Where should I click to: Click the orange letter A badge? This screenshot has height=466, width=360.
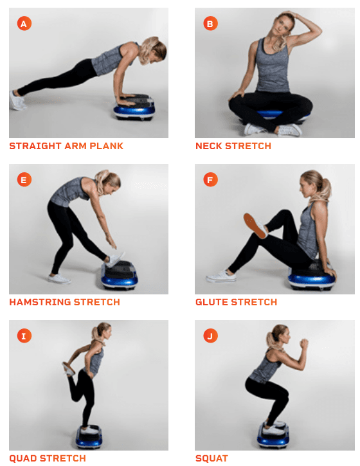24,24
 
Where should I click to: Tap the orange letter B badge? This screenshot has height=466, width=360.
210,24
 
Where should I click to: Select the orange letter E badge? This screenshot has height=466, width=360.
24,180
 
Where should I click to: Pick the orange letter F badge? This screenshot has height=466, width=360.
210,180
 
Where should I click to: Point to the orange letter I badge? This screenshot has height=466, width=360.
24,336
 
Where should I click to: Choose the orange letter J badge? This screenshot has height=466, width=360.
210,336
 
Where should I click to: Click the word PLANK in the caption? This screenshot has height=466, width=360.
107,146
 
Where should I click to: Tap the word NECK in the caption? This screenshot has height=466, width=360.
209,146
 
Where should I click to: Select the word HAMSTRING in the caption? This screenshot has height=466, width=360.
40,302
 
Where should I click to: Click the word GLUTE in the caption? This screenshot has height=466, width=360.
212,302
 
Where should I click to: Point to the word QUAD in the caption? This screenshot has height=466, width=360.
22,458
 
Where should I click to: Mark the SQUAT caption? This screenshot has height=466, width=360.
212,458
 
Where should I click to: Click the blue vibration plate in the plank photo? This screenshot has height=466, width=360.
134,107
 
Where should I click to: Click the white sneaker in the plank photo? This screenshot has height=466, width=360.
17,100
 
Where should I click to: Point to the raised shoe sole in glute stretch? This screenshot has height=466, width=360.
255,226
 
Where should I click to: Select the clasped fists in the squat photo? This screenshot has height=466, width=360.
304,344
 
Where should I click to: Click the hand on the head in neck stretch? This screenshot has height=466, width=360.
288,13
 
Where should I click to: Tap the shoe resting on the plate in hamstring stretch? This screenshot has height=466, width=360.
115,260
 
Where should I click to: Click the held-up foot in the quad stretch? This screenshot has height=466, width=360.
69,369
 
